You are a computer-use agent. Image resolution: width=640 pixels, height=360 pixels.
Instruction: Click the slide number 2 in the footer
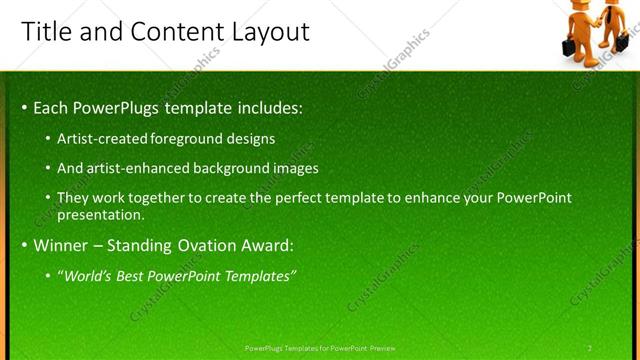pyautogui.click(x=590, y=348)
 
